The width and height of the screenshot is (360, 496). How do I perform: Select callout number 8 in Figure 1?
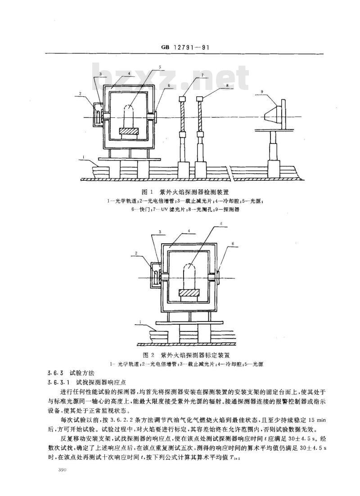click(x=228, y=85)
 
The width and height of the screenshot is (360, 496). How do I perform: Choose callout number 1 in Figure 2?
click(x=142, y=322)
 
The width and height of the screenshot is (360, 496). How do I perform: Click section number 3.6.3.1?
click(x=59, y=382)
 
